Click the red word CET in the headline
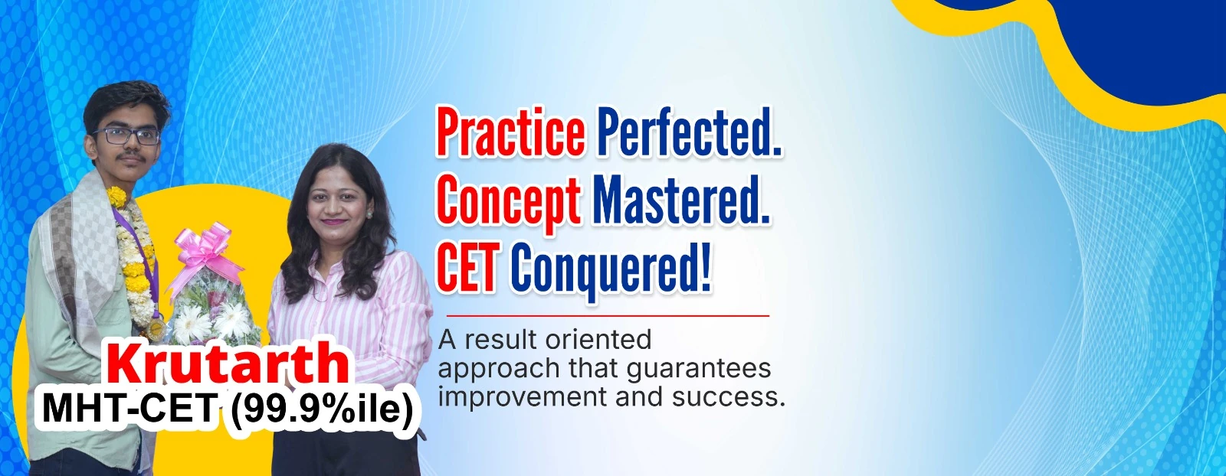[x=467, y=266]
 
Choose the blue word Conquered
[x=611, y=269]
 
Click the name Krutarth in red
[x=228, y=363]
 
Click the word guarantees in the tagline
[x=698, y=370]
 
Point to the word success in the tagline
[x=729, y=397]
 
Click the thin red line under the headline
[x=608, y=315]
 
